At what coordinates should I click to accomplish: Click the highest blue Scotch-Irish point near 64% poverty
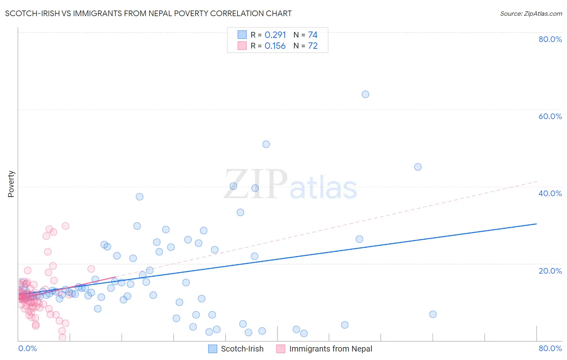tap(365, 94)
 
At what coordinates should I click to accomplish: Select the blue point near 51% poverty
tap(266, 144)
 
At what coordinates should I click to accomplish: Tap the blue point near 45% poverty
tap(418, 167)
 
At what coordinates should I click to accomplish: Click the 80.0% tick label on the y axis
tap(550, 39)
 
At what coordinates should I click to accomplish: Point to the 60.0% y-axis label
tap(550, 116)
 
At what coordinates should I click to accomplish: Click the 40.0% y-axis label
tap(550, 193)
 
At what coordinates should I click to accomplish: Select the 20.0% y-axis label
tap(550, 271)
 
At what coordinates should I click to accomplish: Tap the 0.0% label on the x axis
tap(27, 348)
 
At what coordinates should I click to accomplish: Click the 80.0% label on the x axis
tap(550, 348)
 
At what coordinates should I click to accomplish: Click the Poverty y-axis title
tap(11, 184)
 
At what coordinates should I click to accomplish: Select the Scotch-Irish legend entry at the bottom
tap(242, 349)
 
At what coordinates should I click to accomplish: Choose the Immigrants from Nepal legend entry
tap(330, 349)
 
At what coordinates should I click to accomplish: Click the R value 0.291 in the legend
tap(275, 35)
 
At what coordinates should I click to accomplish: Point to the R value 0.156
tap(275, 46)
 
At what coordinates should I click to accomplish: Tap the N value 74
tap(313, 35)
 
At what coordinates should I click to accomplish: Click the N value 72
tap(313, 46)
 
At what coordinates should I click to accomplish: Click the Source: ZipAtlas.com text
tap(531, 14)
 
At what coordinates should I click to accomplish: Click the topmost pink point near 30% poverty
tap(65, 226)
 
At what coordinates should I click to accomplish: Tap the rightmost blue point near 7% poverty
tap(433, 314)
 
